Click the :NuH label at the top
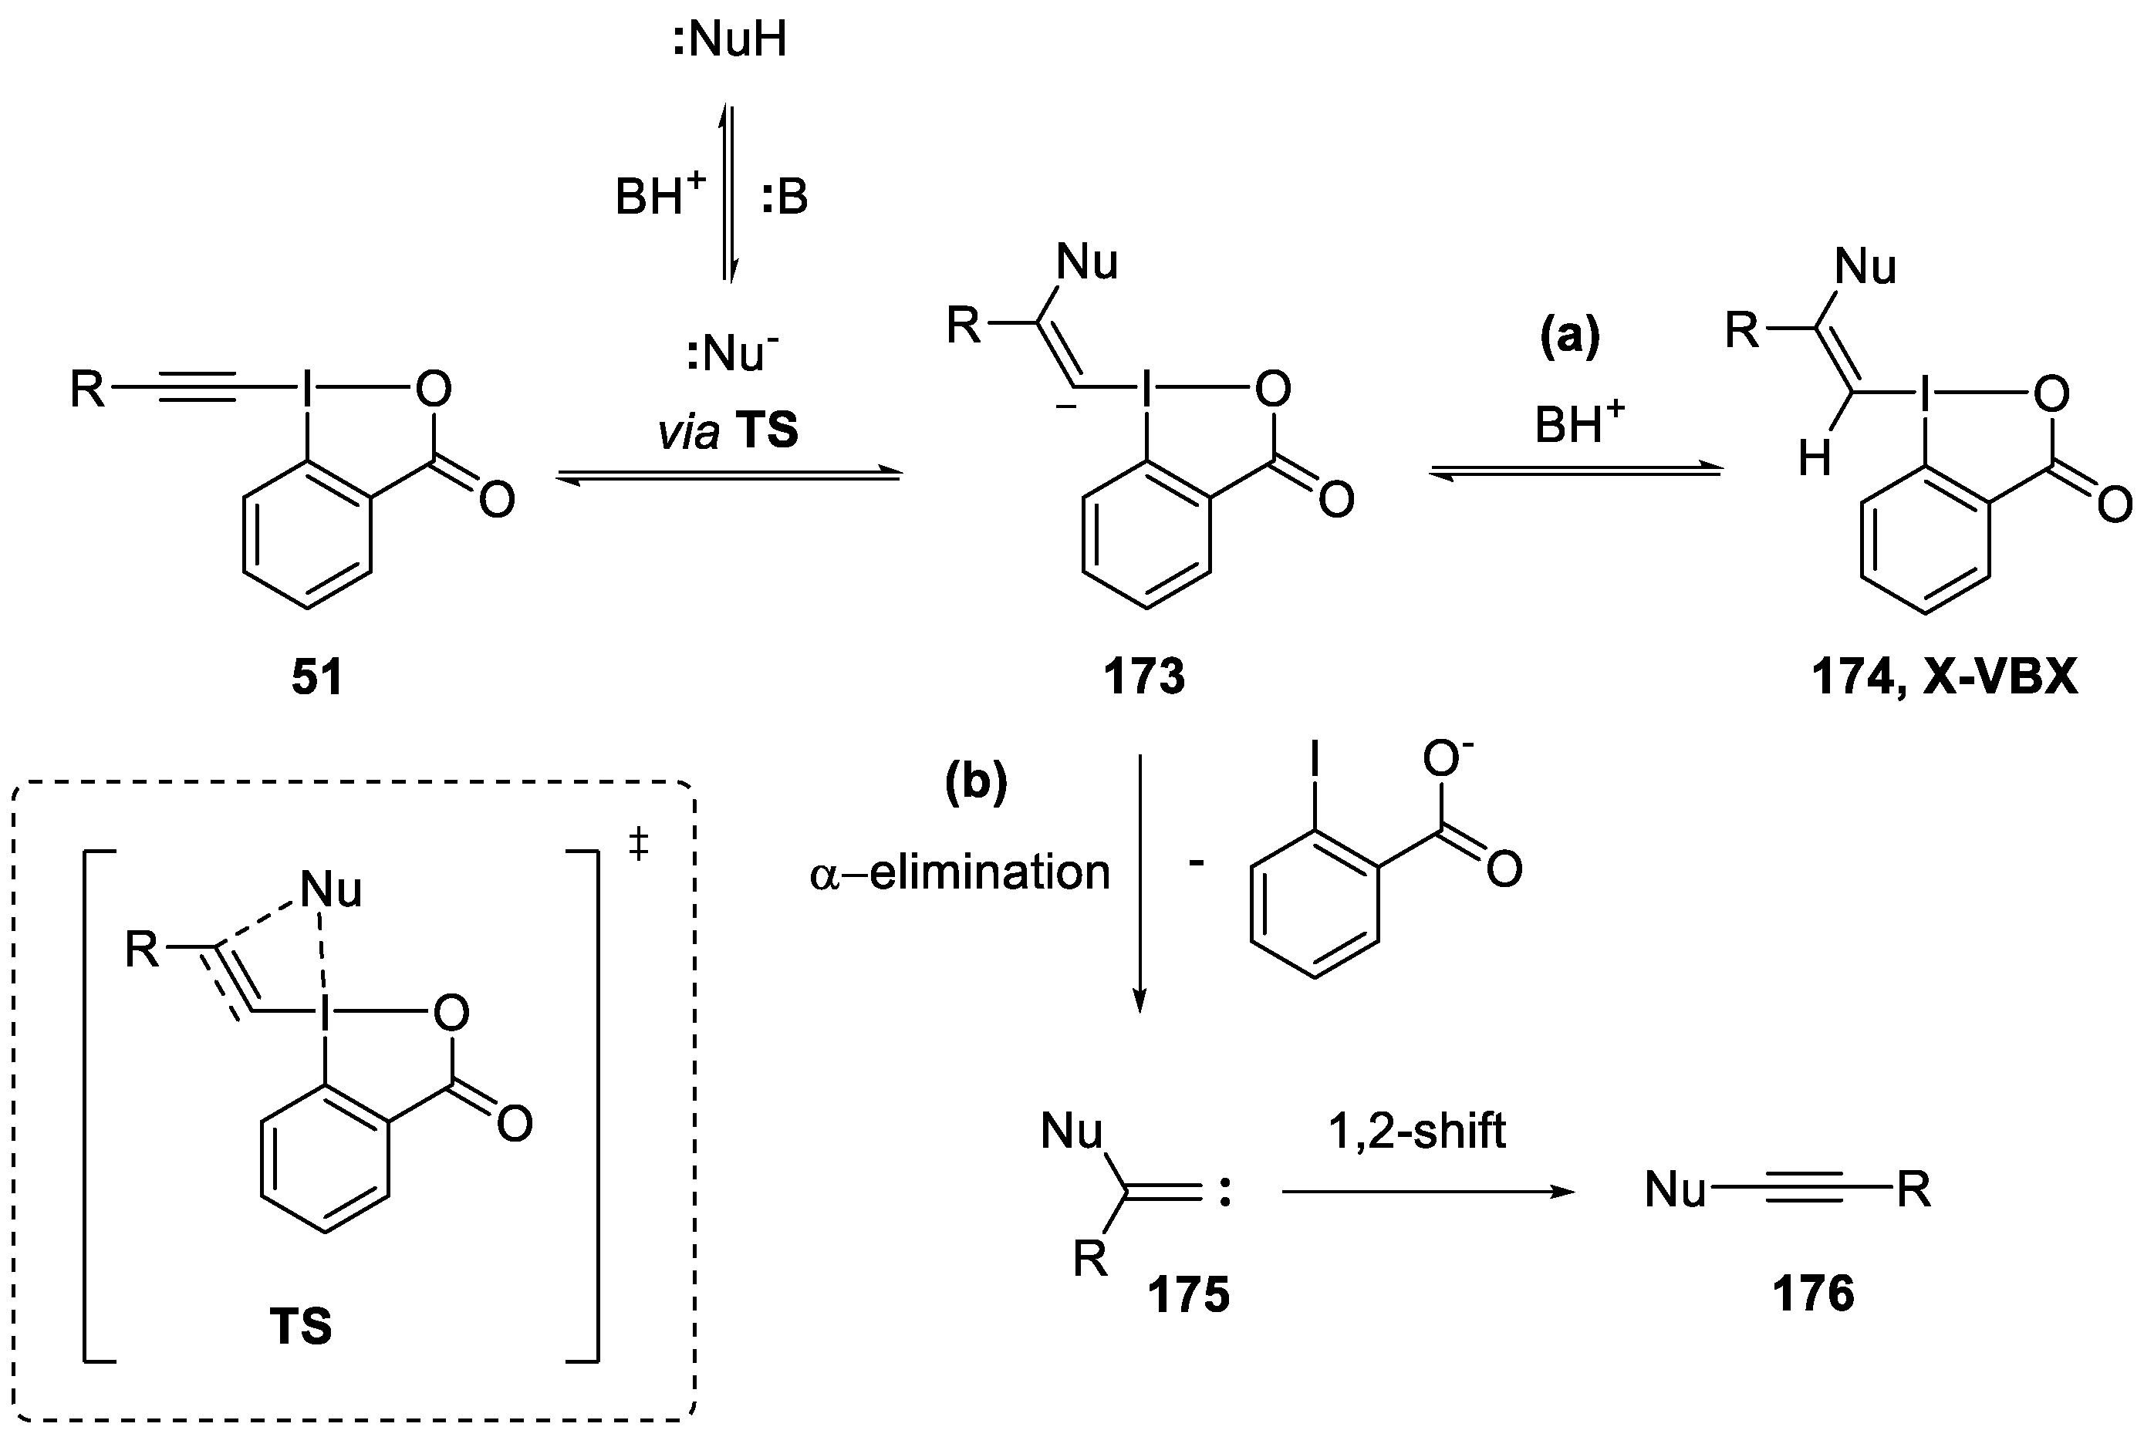click(730, 41)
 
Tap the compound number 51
click(317, 678)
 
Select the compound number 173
click(1144, 678)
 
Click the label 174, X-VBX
click(1944, 678)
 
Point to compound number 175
click(1188, 1295)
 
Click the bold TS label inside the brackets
click(301, 1326)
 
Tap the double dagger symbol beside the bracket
click(639, 844)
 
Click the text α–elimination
click(960, 872)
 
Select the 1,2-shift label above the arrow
click(1417, 1131)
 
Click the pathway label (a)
click(1569, 336)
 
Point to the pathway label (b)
click(976, 781)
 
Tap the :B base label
click(785, 197)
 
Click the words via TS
click(729, 430)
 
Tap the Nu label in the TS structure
click(331, 889)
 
